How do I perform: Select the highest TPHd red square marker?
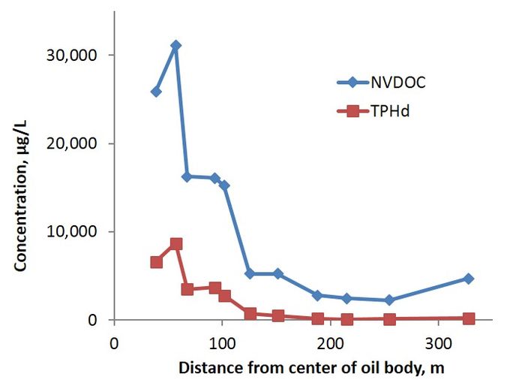click(x=176, y=244)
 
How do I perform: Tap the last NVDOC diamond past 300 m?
click(x=469, y=279)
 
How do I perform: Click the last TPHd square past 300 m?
click(x=469, y=318)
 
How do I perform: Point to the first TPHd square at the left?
click(x=156, y=262)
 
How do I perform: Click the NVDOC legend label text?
click(x=399, y=83)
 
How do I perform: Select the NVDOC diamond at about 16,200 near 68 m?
click(x=187, y=177)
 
